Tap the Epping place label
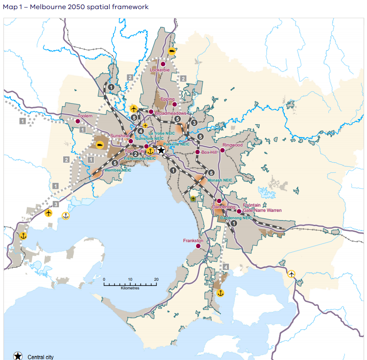pos(167,99)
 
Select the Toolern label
pos(85,116)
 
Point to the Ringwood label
pos(232,145)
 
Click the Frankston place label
pos(193,240)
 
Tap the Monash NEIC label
pos(220,179)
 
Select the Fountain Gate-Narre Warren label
pos(262,208)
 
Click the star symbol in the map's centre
pos(161,150)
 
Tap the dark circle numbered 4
pos(141,131)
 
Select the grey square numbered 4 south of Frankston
pos(226,267)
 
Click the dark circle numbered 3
pos(194,123)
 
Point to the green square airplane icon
pos(193,199)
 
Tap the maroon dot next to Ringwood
pos(222,150)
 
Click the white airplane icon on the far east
pos(291,274)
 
